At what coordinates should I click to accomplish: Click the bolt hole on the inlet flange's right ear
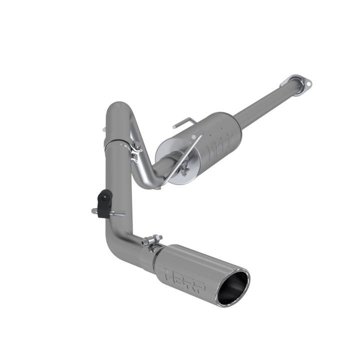click(308, 85)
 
